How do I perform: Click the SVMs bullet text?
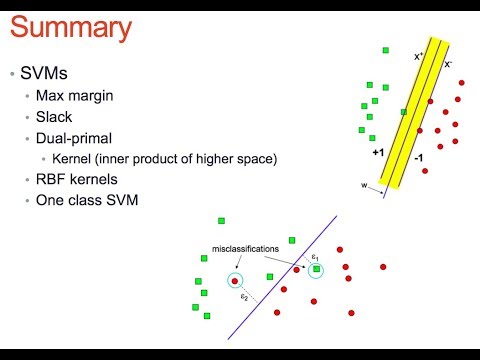coord(44,75)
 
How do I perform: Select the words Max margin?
coord(74,97)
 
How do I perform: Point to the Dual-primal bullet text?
coord(76,139)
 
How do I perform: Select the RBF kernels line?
coord(78,180)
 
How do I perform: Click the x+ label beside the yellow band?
coord(419,57)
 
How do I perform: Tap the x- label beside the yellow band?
coord(447,63)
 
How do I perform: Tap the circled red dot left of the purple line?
coord(235,282)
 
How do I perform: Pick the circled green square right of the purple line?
coord(316,271)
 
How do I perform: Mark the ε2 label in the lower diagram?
coord(244,297)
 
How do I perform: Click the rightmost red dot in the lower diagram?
coord(383,267)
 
